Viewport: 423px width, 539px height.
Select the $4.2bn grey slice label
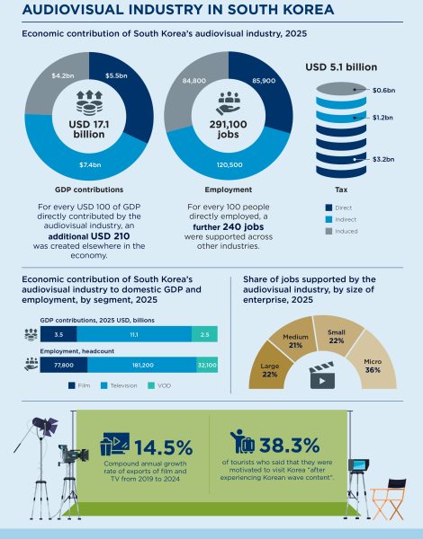63,75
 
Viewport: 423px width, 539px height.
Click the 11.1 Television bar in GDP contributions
132,333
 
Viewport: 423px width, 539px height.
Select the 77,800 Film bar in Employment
63,366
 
